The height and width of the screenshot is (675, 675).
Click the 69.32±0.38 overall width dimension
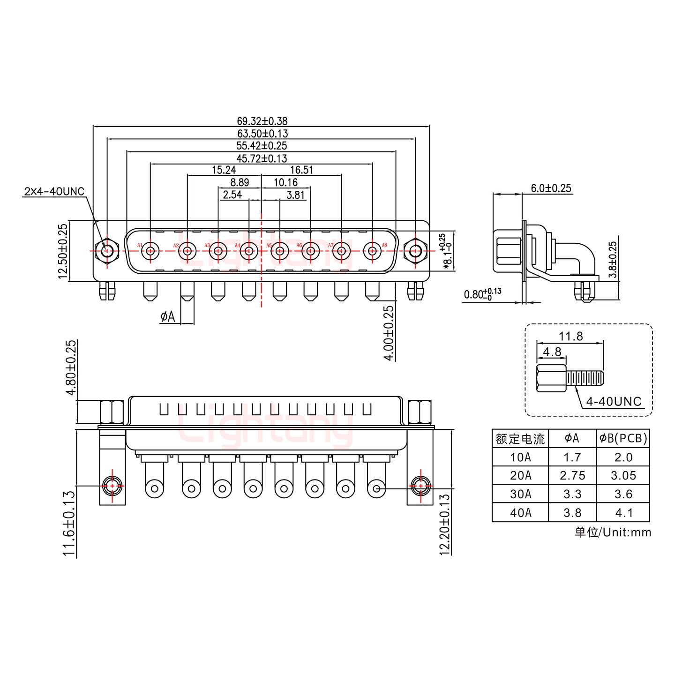click(262, 121)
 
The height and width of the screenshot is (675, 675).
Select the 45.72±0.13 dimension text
click(262, 158)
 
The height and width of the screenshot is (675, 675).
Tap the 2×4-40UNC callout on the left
click(54, 191)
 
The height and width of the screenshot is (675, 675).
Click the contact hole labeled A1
click(150, 251)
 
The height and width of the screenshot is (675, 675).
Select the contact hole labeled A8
click(373, 251)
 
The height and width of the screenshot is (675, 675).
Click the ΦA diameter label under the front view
click(167, 317)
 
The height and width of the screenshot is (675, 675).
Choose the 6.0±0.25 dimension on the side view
click(551, 188)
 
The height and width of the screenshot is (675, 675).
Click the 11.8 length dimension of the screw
click(570, 336)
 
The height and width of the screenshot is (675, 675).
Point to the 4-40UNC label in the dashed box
click(614, 401)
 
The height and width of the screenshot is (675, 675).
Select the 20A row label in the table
click(520, 475)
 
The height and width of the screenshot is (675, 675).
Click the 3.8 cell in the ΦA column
click(572, 512)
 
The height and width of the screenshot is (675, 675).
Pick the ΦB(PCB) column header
click(623, 438)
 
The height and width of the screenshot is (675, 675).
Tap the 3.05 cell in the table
click(623, 475)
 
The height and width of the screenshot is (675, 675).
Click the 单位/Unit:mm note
click(613, 532)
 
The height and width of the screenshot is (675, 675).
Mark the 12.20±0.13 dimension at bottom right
click(445, 523)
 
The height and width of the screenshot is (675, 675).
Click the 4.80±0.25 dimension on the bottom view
click(70, 368)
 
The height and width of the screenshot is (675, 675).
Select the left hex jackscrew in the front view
click(107, 251)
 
